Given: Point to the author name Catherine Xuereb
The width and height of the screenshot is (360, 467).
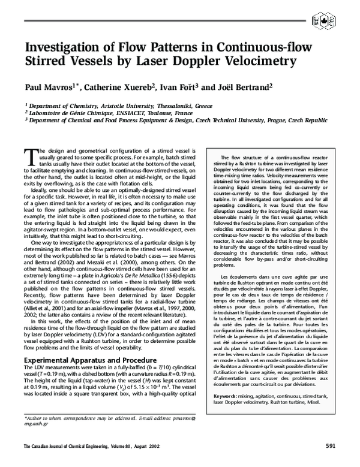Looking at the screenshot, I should [x=116, y=88].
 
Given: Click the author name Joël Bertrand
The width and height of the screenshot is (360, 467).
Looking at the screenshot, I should [x=243, y=88].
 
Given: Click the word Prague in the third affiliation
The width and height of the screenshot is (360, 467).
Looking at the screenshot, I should [x=275, y=119].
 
